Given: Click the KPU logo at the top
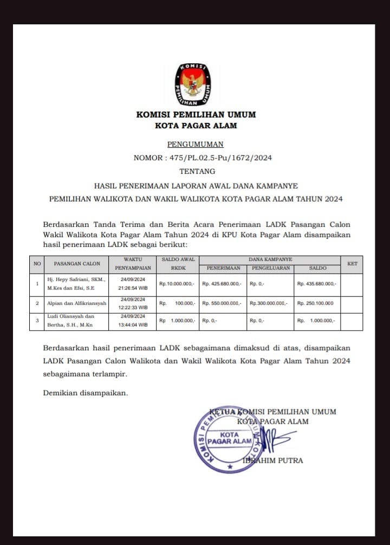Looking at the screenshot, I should [193, 84].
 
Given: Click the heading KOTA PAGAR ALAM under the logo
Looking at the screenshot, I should [196, 126].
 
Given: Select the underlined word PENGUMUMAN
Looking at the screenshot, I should [195, 145].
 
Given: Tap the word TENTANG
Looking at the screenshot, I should [195, 172].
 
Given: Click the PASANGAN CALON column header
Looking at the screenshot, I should [77, 264].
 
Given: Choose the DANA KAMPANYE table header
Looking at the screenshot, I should [270, 260].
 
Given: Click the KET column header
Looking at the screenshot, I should [352, 264].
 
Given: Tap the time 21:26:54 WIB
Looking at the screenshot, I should [133, 288].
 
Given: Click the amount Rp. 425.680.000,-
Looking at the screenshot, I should [222, 284].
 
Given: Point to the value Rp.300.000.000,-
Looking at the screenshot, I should [269, 304].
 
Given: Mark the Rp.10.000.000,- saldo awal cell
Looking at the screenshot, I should [178, 284].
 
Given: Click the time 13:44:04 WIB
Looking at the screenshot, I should [133, 325].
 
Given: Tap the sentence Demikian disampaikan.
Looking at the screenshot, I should [86, 393].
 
